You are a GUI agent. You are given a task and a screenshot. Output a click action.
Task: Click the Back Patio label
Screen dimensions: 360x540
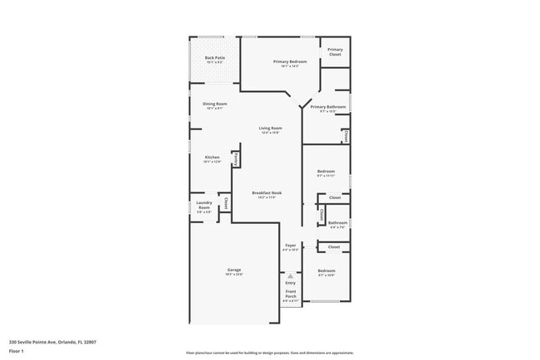click(x=214, y=57)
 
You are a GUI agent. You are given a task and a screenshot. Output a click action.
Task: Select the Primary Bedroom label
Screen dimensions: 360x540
click(x=290, y=62)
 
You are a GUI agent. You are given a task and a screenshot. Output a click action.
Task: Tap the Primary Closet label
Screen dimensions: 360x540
click(x=335, y=51)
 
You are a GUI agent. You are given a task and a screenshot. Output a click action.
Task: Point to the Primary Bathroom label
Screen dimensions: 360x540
click(x=328, y=107)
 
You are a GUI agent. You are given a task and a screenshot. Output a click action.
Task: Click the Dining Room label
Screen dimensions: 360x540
click(x=214, y=104)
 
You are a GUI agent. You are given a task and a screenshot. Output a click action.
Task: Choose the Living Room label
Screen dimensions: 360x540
click(x=270, y=129)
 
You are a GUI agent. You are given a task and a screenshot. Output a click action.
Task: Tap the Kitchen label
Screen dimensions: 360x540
click(x=212, y=158)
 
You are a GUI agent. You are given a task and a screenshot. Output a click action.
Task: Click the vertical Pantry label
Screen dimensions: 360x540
click(x=237, y=158)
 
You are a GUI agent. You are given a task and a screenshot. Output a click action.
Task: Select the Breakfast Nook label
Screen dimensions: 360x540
click(x=268, y=192)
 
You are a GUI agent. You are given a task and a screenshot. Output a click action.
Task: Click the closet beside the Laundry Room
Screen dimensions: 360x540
click(x=225, y=202)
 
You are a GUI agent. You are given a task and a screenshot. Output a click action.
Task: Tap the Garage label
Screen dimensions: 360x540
click(x=234, y=270)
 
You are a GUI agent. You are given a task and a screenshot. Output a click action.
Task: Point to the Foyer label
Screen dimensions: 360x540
click(x=291, y=246)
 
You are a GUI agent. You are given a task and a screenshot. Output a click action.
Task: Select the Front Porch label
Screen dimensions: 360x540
click(x=291, y=294)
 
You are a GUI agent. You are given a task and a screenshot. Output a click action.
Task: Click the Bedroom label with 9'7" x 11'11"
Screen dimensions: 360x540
click(x=326, y=172)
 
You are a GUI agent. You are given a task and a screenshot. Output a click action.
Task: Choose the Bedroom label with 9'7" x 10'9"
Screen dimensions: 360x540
click(x=326, y=271)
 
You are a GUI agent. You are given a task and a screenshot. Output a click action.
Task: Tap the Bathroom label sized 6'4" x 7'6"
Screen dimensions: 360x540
click(x=337, y=222)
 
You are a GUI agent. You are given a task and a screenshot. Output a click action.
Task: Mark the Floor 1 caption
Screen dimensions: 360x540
click(x=17, y=352)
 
